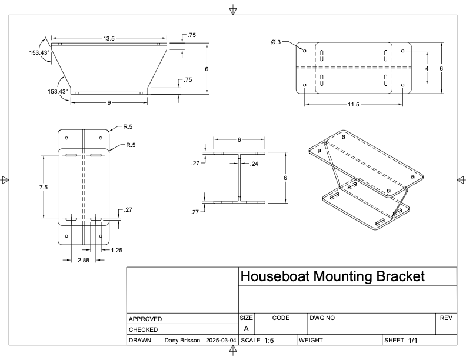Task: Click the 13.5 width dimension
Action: (109, 38)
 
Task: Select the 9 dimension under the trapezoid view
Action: (109, 103)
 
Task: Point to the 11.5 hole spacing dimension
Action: (353, 105)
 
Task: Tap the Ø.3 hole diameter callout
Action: (277, 42)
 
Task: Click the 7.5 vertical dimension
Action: (44, 187)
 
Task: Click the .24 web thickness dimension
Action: (254, 164)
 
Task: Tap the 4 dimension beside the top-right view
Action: (427, 68)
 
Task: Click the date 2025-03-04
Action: (221, 341)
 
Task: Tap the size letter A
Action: (246, 329)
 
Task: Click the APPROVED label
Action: (145, 319)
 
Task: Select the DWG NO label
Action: (322, 318)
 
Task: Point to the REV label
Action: (445, 318)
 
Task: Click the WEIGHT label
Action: (312, 341)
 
